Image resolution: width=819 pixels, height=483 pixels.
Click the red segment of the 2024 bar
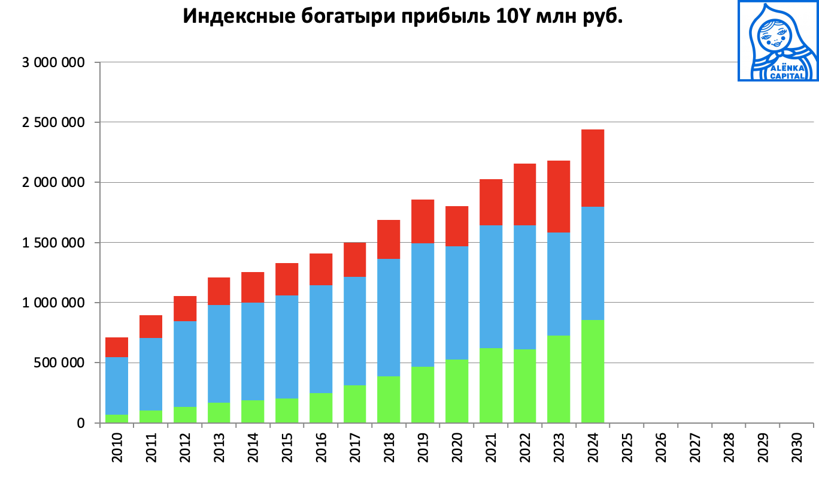(592, 168)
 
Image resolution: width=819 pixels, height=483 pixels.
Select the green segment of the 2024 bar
(592, 372)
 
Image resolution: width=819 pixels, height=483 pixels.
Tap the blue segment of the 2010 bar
(117, 385)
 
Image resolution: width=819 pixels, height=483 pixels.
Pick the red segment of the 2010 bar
(117, 347)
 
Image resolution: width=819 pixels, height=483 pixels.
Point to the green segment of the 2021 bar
(490, 385)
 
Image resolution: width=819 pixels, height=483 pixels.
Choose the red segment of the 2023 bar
(558, 196)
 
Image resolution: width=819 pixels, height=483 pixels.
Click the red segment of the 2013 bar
(219, 291)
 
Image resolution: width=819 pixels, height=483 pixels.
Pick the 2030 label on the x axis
(796, 448)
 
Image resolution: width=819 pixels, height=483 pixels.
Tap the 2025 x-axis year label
(626, 448)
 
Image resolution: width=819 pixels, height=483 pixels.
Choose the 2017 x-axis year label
(354, 448)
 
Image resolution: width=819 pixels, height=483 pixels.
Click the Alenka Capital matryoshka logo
(777, 41)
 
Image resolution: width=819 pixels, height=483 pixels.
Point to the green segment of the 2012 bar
(184, 415)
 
